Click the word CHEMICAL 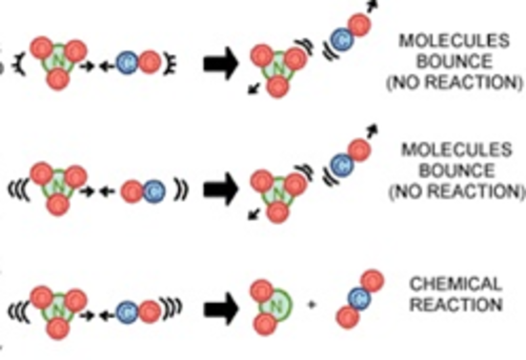(456, 284)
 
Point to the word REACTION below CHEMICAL (456, 305)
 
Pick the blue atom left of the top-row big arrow (127, 62)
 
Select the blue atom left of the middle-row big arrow (153, 191)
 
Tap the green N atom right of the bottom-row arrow (277, 304)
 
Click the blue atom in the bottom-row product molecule (358, 299)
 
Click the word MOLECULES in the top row (454, 41)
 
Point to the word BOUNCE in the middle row (454, 171)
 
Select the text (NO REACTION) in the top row (454, 83)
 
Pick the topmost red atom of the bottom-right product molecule (371, 279)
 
